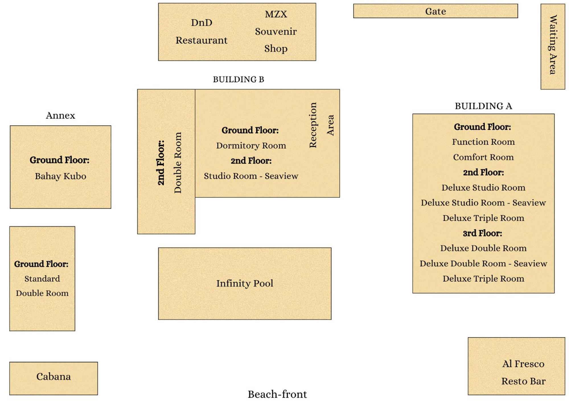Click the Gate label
coord(435,11)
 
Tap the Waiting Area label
coord(552,45)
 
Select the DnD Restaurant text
coord(201,31)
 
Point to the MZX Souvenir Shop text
coord(276,31)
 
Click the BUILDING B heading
coord(239,79)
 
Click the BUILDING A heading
coord(483,106)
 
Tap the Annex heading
coord(60,115)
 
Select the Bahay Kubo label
coord(60,176)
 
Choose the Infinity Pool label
coord(245,283)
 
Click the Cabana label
coord(54,376)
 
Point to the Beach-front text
coord(277,394)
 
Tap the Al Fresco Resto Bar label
coord(523,372)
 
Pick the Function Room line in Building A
coord(483,142)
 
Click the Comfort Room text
coord(483,157)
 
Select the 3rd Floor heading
coord(482,233)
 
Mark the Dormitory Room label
coord(251,146)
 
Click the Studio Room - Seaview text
coord(251,176)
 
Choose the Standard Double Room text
coord(42,286)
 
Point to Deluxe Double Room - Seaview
coord(483,264)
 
